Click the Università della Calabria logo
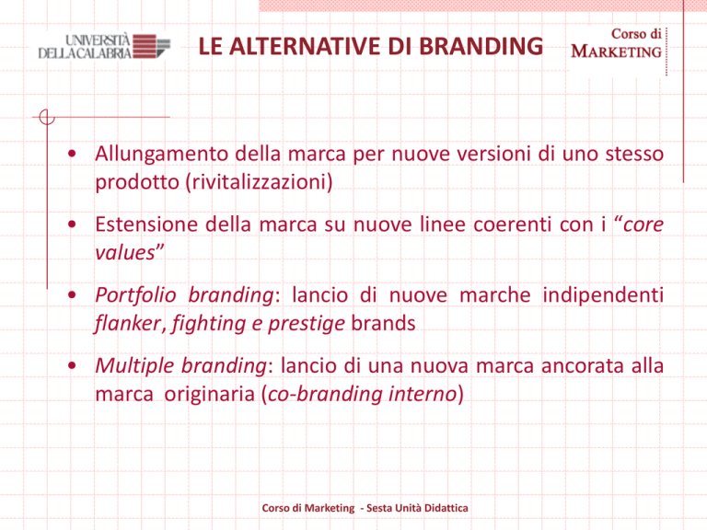(104, 46)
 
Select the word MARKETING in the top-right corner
(617, 52)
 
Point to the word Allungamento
(161, 155)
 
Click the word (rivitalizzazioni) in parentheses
(260, 182)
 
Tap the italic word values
(125, 253)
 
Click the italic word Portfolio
(135, 296)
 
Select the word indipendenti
(603, 295)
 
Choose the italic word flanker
(128, 324)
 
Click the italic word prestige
(307, 324)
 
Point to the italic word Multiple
(134, 366)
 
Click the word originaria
(210, 395)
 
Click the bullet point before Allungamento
(72, 154)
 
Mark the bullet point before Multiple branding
(72, 365)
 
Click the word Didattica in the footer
(446, 508)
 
